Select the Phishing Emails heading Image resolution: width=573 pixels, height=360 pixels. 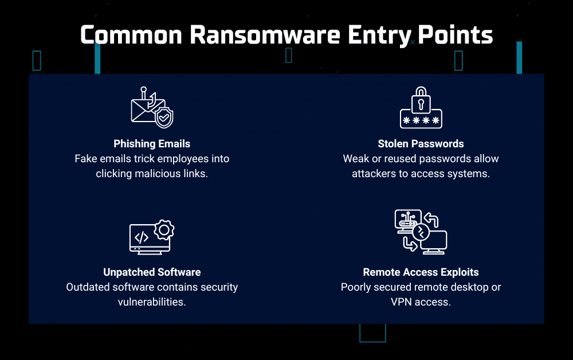click(x=152, y=144)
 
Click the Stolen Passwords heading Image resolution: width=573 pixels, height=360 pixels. click(x=421, y=144)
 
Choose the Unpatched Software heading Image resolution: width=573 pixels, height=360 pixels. click(x=152, y=272)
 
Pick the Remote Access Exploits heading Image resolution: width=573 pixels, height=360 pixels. click(x=421, y=272)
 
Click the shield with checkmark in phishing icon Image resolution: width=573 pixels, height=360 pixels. click(x=164, y=118)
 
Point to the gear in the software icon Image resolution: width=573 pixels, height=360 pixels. click(x=164, y=229)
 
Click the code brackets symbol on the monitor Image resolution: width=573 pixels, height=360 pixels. click(x=142, y=237)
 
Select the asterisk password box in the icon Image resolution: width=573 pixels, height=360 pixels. click(x=421, y=120)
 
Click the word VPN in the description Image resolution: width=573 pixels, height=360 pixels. click(x=392, y=301)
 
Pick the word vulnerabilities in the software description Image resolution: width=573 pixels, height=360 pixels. click(x=152, y=301)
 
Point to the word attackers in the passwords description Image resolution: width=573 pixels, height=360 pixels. click(x=375, y=173)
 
